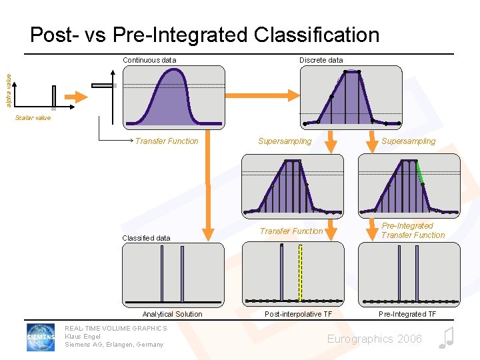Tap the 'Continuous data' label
coord(149,60)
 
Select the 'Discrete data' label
coord(321,60)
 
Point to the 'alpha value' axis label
coord(9,90)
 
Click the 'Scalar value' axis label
coord(33,118)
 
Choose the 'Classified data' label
coord(146,238)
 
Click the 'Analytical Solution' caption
coord(172,314)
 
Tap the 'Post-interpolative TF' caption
coord(298,314)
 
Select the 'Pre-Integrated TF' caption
coord(407,314)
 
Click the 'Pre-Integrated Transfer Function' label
coord(413,231)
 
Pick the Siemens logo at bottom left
coord(41,337)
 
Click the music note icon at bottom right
coord(446,338)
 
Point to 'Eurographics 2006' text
coord(374,339)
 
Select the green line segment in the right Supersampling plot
coord(420,173)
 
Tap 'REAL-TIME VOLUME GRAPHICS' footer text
coord(115,329)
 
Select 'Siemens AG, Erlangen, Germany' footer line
coord(113,345)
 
